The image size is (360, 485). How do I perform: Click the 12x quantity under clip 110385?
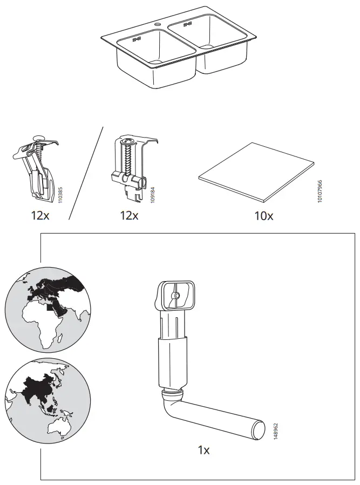click(40, 216)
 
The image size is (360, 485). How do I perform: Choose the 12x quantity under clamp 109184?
click(129, 216)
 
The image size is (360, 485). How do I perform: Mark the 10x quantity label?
click(263, 216)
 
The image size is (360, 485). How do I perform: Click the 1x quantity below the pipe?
click(203, 449)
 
